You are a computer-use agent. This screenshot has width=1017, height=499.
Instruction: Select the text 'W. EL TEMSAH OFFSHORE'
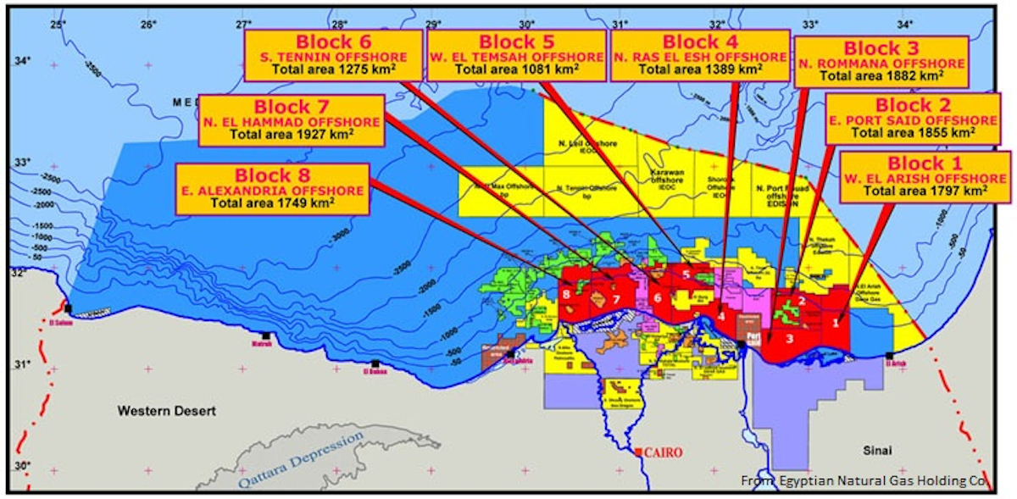517,57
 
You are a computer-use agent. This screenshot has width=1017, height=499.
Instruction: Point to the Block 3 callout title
881,48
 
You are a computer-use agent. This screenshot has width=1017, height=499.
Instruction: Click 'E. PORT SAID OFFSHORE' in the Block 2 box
914,120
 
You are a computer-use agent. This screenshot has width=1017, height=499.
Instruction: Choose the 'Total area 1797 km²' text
925,191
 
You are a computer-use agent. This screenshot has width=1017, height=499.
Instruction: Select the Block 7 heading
290,107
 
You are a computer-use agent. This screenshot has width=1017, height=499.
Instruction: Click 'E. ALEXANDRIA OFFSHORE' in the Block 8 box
272,191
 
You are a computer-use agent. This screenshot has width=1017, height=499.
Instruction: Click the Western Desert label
166,411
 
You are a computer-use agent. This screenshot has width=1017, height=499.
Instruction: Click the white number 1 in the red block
836,321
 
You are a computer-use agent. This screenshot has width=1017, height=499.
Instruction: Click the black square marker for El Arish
889,356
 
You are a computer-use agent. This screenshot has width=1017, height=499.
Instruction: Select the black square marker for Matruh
266,336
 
